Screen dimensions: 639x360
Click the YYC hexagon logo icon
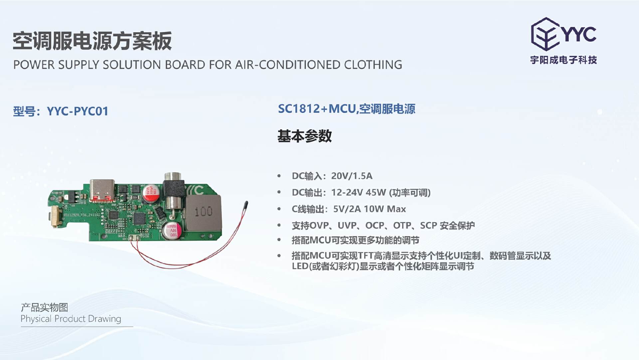545,34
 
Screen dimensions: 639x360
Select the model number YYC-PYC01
78,111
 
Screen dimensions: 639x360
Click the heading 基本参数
305,136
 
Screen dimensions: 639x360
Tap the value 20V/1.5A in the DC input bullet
351,176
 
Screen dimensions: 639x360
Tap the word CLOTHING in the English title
373,65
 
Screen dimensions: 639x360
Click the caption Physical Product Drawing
71,319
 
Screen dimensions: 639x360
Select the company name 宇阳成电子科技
563,60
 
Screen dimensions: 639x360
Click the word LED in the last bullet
300,266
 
